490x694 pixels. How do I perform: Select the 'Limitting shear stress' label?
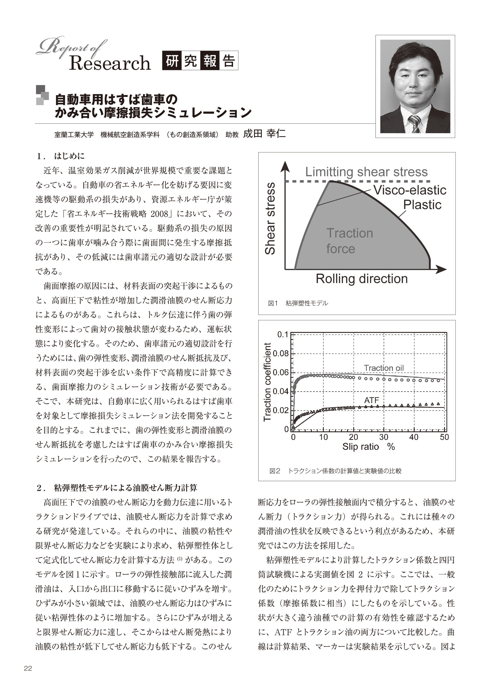pos(366,172)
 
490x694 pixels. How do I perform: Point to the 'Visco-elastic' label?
pos(410,190)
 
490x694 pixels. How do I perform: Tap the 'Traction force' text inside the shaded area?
pos(349,241)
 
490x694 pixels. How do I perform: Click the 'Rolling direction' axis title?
pos(361,279)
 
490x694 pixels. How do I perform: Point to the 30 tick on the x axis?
pos(384,437)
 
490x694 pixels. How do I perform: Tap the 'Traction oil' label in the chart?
pos(383,368)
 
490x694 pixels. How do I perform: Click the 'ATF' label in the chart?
pos(371,400)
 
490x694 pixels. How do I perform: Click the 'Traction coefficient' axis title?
pos(267,382)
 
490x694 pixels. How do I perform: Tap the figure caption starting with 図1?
pos(298,303)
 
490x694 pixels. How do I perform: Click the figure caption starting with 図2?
pos(335,471)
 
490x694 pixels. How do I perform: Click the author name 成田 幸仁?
pos(264,134)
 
